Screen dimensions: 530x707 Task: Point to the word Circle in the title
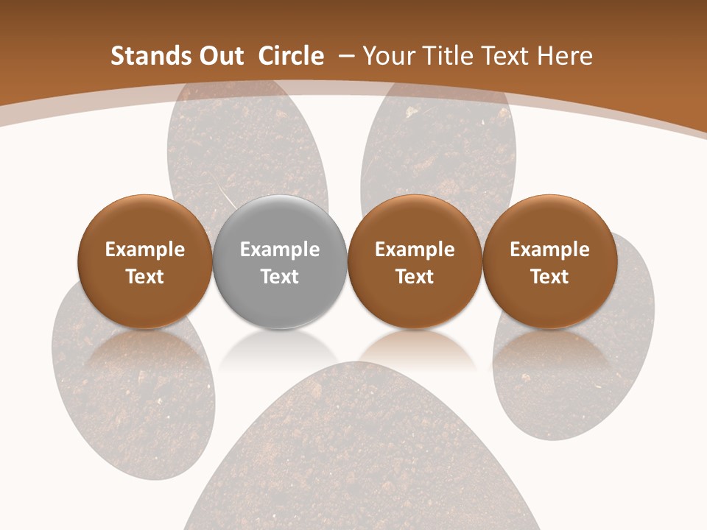[291, 56]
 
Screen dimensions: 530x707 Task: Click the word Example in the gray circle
[280, 250]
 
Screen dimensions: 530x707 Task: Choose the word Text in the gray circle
[280, 277]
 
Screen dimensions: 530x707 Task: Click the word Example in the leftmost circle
[144, 250]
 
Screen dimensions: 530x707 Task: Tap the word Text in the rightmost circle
[549, 277]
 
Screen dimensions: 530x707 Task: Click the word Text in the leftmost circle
[144, 277]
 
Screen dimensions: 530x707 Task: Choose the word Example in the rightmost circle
[549, 250]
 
